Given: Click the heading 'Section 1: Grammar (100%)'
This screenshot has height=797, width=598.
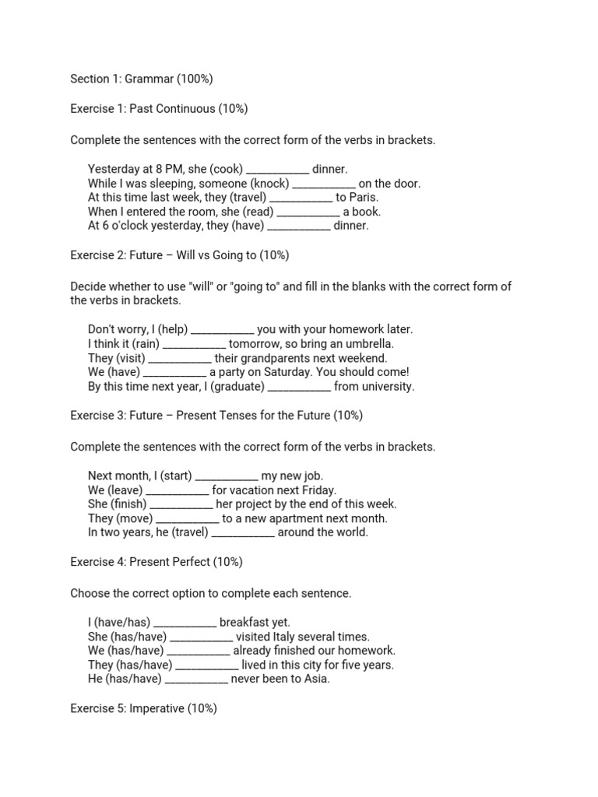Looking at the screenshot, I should [142, 79].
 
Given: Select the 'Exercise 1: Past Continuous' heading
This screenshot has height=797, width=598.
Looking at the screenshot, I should [159, 109].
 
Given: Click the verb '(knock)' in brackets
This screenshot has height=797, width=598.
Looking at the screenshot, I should [272, 184].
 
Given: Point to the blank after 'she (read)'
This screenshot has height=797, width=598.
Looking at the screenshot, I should [308, 212].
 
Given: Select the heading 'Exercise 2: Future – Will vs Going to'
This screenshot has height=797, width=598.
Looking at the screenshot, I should [180, 255].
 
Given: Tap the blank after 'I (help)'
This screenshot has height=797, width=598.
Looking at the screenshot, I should [223, 329].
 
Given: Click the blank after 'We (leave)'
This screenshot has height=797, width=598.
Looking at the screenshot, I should [178, 490].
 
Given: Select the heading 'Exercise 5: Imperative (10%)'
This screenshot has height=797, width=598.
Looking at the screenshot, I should [143, 708].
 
